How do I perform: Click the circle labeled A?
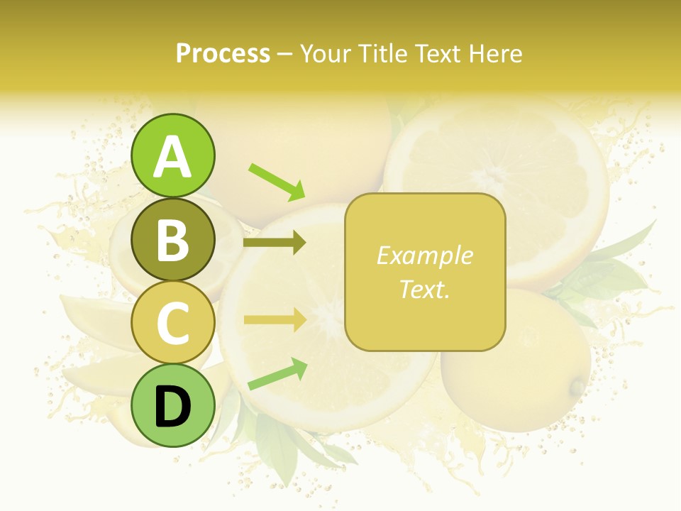tap(172, 156)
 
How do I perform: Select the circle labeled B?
tap(172, 239)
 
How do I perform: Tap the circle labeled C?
tap(172, 322)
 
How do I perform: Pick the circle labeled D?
tap(172, 405)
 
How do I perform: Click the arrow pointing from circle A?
tap(277, 182)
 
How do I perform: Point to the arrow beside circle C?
tap(275, 319)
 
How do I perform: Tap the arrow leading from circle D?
tap(277, 375)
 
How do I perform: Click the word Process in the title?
tap(223, 53)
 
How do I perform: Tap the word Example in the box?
tap(424, 255)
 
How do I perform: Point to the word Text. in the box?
tap(424, 289)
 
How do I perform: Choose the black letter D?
tap(172, 407)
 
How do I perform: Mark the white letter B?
tap(172, 241)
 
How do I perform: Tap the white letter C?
tap(172, 324)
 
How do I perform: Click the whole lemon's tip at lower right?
tap(578, 388)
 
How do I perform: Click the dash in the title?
tap(285, 55)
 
